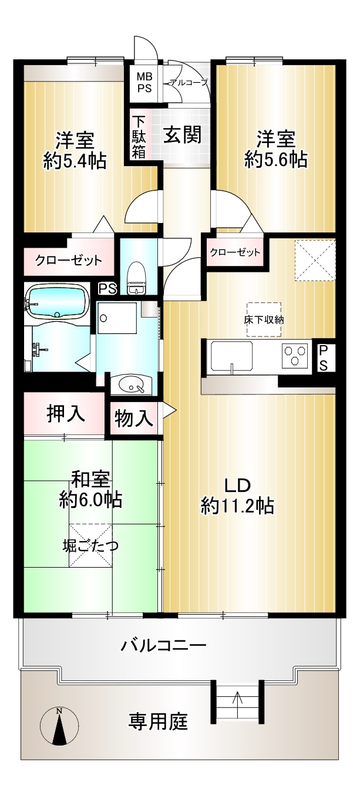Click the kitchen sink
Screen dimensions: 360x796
(x=232, y=358)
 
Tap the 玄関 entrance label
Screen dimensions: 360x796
(x=182, y=134)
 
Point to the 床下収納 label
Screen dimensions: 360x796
(x=264, y=319)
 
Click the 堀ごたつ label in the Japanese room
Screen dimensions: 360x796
(x=90, y=545)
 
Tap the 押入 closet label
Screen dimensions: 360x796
(x=66, y=413)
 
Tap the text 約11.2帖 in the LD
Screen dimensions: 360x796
(x=237, y=505)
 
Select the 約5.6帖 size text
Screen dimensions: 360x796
(x=276, y=160)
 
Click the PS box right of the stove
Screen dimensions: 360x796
(x=323, y=358)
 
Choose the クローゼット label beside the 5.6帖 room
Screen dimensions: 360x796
(x=235, y=253)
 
